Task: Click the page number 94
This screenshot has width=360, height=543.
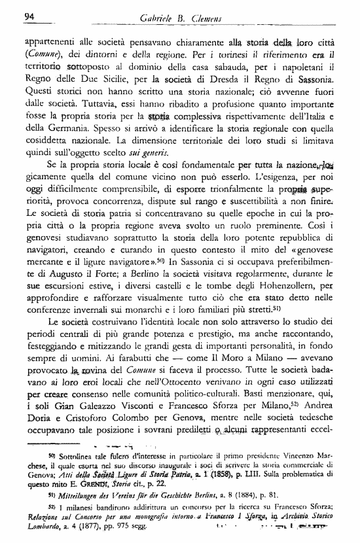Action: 28,16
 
